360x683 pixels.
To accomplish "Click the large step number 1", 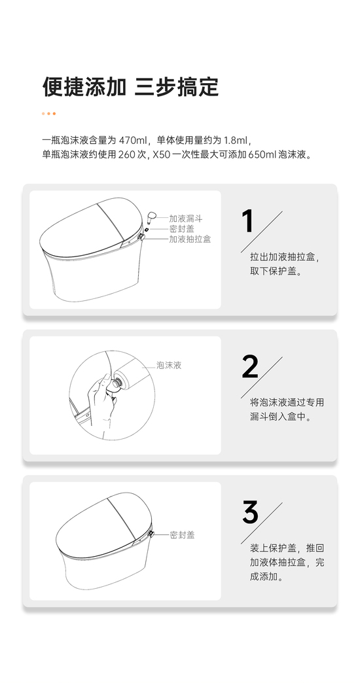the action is pyautogui.click(x=247, y=221).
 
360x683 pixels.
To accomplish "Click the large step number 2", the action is pyautogui.click(x=250, y=367).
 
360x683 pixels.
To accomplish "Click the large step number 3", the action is pyautogui.click(x=250, y=512).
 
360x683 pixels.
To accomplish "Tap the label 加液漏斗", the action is pyautogui.click(x=186, y=219).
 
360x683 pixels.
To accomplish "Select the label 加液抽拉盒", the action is pyautogui.click(x=190, y=239).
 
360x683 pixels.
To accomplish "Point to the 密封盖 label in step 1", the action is pyautogui.click(x=182, y=229).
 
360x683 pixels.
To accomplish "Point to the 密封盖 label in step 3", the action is pyautogui.click(x=182, y=535).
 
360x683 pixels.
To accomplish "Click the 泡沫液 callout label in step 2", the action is pyautogui.click(x=169, y=366).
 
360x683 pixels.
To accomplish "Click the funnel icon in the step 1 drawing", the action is pyautogui.click(x=151, y=217).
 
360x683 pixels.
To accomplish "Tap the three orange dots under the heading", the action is pyautogui.click(x=49, y=114).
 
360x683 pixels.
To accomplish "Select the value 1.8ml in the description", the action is pyautogui.click(x=236, y=141).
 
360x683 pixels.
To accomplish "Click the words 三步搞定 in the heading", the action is pyautogui.click(x=177, y=86).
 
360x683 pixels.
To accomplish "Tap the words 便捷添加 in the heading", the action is pyautogui.click(x=84, y=86).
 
